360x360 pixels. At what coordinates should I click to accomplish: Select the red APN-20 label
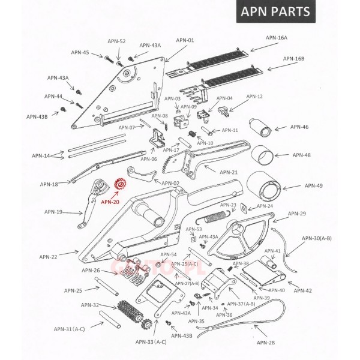[x=110, y=202]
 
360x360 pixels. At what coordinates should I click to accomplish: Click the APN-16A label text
[x=278, y=37]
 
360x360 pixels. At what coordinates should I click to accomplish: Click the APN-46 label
[x=299, y=127]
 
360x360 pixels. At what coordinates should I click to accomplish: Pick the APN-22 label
[x=49, y=257]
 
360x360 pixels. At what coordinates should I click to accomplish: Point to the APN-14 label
[x=41, y=156]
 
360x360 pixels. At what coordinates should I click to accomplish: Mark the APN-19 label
[x=53, y=212]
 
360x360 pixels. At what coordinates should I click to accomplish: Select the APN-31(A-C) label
[x=69, y=329]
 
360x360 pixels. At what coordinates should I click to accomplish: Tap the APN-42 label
[x=304, y=290]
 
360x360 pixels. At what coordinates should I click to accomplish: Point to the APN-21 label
[x=229, y=172]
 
